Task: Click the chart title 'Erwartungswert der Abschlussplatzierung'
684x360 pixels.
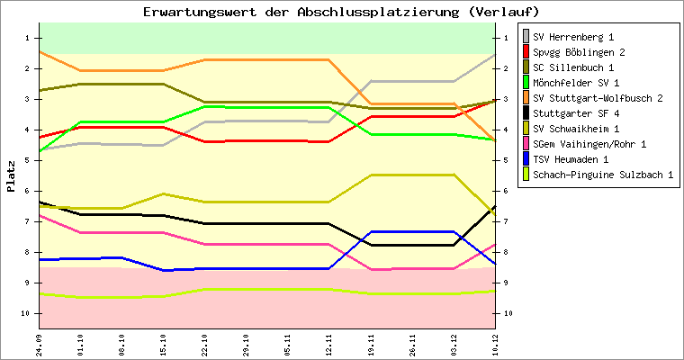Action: (x=342, y=12)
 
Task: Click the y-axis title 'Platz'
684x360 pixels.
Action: (x=11, y=176)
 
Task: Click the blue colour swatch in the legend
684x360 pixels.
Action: (x=526, y=159)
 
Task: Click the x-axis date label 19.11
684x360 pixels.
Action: (x=371, y=345)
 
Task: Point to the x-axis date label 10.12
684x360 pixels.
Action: (x=495, y=345)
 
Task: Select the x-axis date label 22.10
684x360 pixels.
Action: (x=205, y=345)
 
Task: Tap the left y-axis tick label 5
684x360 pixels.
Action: (x=28, y=160)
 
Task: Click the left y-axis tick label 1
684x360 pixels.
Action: (x=28, y=38)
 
